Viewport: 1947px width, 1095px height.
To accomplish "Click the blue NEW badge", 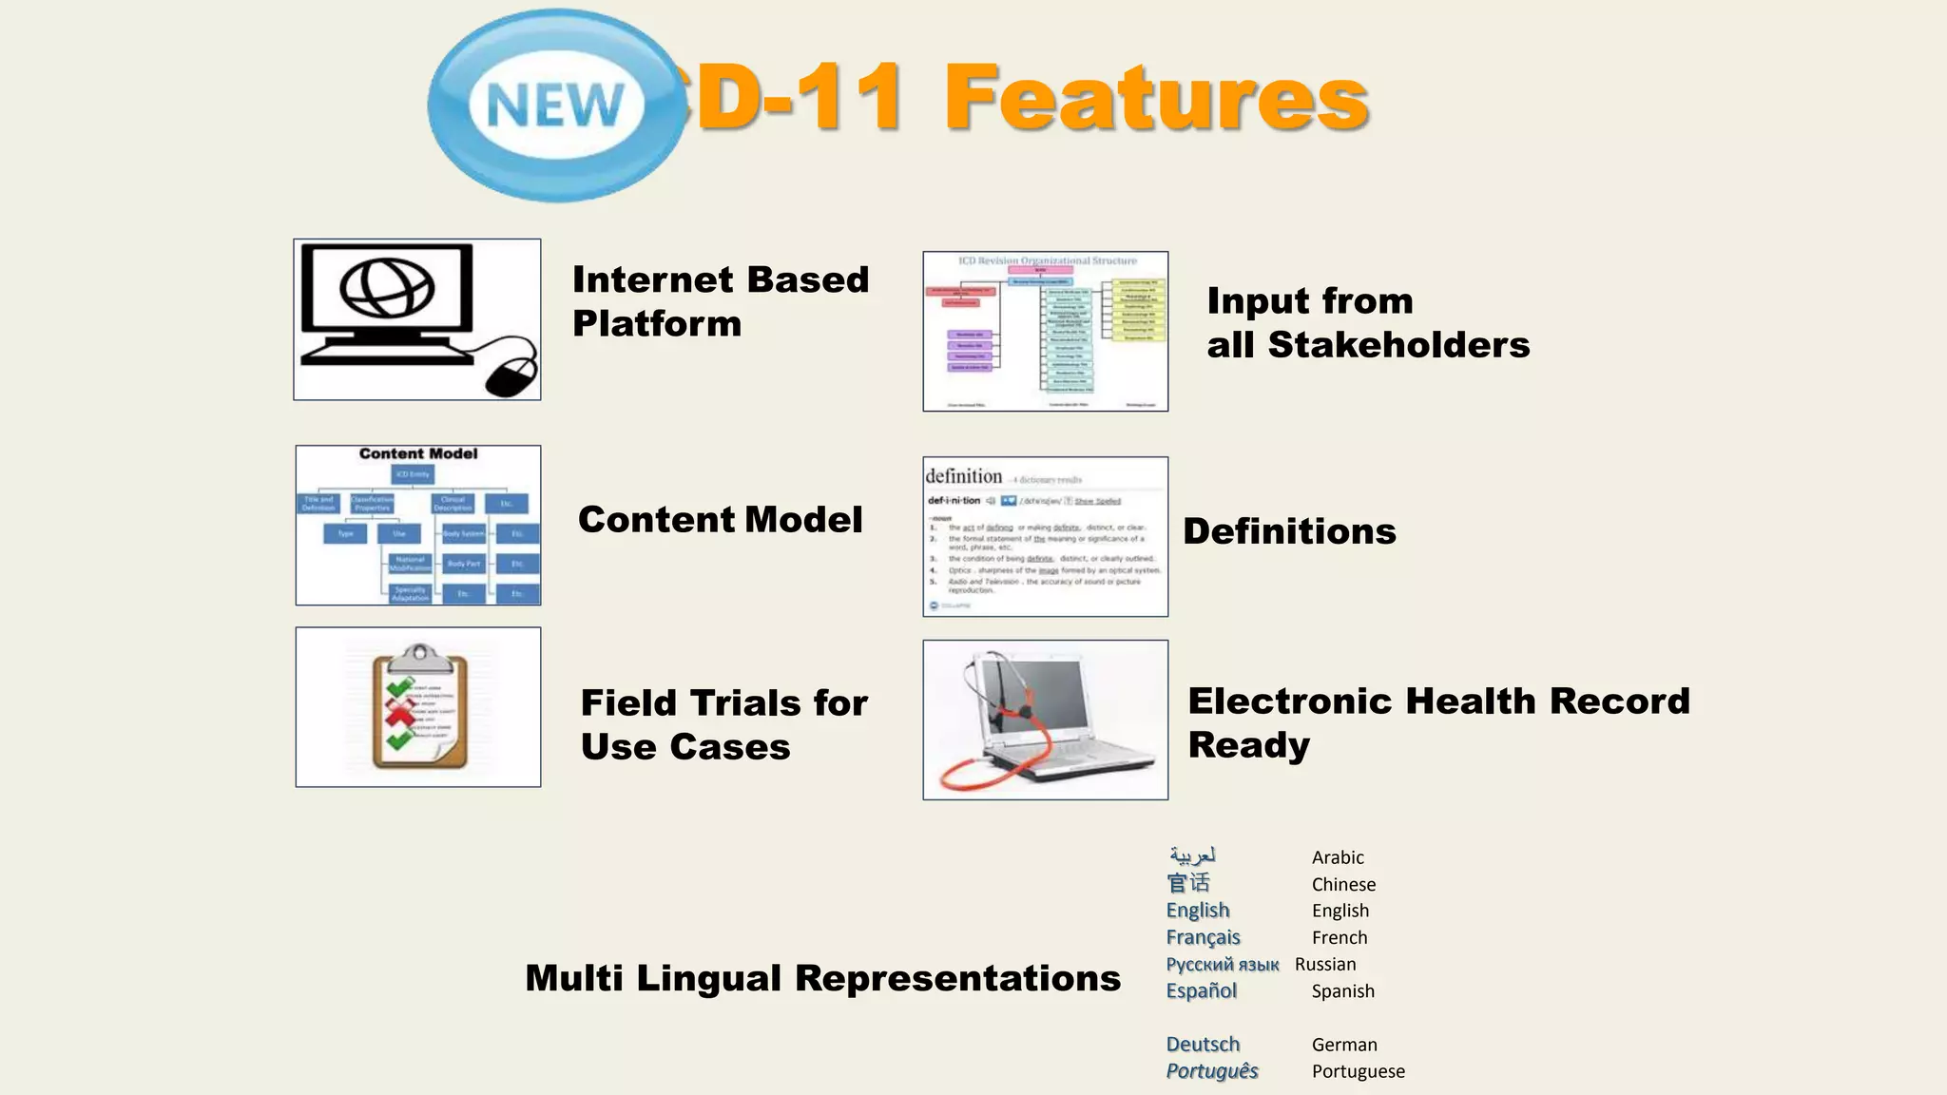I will [x=556, y=105].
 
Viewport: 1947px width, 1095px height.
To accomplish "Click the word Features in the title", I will [x=1155, y=98].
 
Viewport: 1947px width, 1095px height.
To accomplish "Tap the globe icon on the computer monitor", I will [x=387, y=288].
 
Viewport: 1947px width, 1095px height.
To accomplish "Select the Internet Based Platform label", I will [x=720, y=301].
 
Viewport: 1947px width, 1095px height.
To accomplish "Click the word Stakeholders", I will [x=1398, y=345].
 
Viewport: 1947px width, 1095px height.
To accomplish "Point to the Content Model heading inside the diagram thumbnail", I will [x=418, y=454].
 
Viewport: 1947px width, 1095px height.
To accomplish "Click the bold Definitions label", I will [x=1289, y=531].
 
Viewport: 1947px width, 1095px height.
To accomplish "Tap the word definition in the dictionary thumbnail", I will [x=963, y=476].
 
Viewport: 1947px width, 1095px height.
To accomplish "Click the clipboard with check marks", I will [x=419, y=708].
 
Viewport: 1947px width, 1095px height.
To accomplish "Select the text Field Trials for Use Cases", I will [x=723, y=724].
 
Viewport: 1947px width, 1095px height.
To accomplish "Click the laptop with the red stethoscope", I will [x=1044, y=720].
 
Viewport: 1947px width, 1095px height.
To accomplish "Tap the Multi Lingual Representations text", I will [x=822, y=978].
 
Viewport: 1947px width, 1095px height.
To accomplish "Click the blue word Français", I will [x=1203, y=937].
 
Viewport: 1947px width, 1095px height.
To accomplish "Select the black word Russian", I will [x=1325, y=964].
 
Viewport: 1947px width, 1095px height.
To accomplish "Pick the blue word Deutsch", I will [x=1203, y=1044].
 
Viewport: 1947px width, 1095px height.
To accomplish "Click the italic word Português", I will [x=1212, y=1071].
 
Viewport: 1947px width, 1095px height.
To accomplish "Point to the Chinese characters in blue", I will [x=1188, y=883].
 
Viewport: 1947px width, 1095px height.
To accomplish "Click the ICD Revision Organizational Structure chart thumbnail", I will [x=1045, y=331].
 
